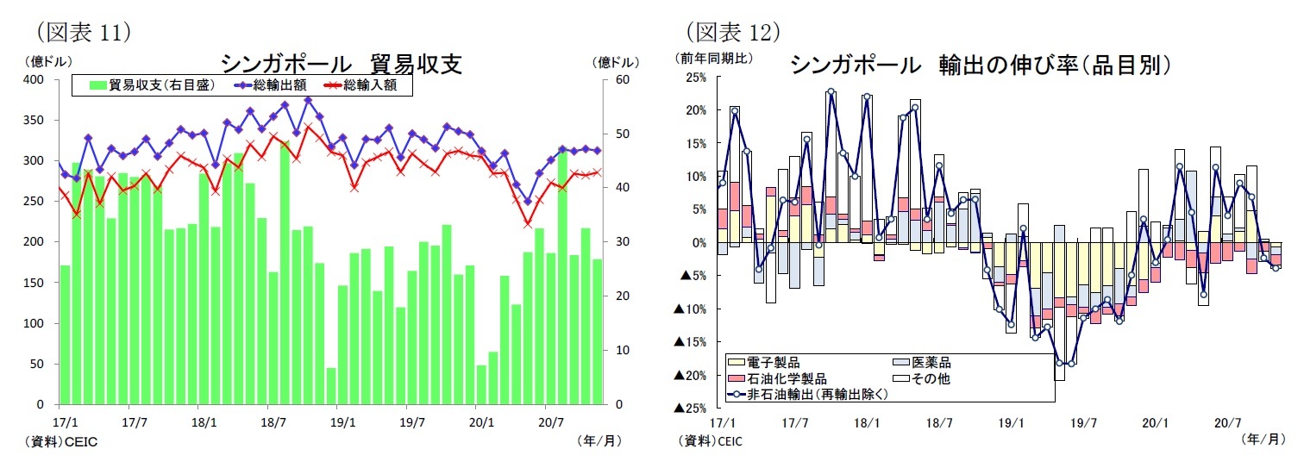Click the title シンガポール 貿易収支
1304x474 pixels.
(342, 65)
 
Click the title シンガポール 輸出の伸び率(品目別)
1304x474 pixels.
(980, 65)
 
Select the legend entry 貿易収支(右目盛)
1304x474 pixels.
(150, 85)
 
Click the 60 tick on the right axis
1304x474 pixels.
(621, 79)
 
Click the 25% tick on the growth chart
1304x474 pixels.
(695, 78)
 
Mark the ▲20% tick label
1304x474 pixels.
(691, 375)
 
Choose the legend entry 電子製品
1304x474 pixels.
(772, 363)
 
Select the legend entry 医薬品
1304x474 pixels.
(931, 363)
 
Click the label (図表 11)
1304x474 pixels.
(81, 32)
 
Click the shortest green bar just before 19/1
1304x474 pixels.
(330, 386)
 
